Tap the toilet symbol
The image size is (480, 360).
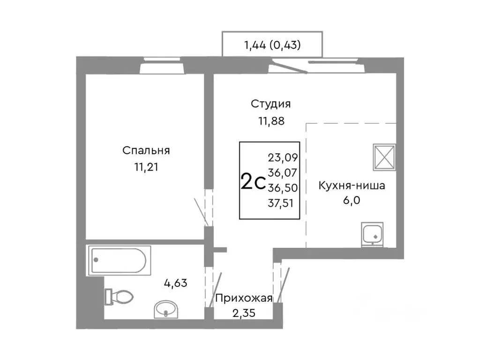(119, 297)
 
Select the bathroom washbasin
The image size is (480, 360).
(165, 309)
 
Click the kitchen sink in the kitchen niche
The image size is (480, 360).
(373, 234)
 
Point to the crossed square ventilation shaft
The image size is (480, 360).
(384, 156)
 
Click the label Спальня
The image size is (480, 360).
(146, 150)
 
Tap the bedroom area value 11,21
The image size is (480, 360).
(146, 167)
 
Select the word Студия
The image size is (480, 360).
(271, 104)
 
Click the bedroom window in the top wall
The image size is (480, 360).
(162, 65)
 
